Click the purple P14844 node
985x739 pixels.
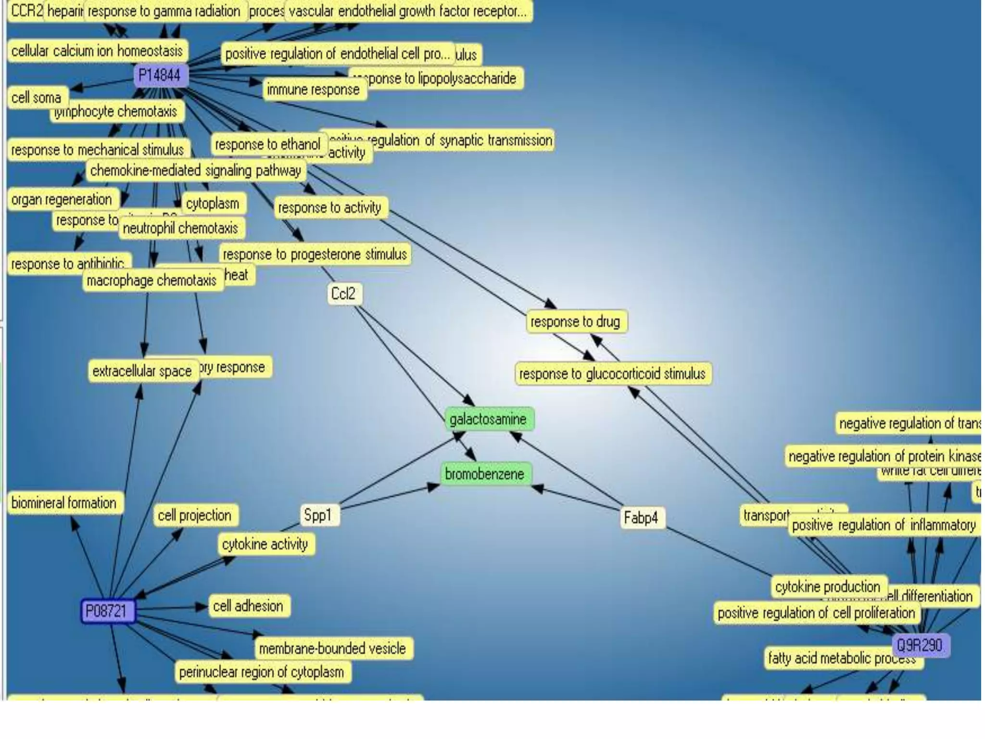coord(160,76)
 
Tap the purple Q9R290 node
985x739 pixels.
coord(920,645)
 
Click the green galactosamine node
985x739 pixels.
coord(488,420)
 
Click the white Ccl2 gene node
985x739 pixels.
coord(343,293)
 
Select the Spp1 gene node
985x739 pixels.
coord(318,515)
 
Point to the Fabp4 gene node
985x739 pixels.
coord(641,518)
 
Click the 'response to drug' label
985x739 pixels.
coord(576,321)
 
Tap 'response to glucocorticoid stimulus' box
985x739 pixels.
coord(612,374)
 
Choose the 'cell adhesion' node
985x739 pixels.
coord(248,606)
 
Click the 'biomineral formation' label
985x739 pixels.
coord(64,503)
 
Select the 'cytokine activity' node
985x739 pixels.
coord(265,544)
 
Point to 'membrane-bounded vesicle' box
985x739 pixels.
coord(333,649)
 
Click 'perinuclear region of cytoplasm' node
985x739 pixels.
coord(262,672)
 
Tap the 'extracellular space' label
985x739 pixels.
coord(142,371)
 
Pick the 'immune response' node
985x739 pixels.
coord(314,90)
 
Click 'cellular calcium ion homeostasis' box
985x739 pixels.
coord(97,51)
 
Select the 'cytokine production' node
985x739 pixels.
coord(828,587)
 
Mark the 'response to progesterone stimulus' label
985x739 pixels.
coord(315,254)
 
